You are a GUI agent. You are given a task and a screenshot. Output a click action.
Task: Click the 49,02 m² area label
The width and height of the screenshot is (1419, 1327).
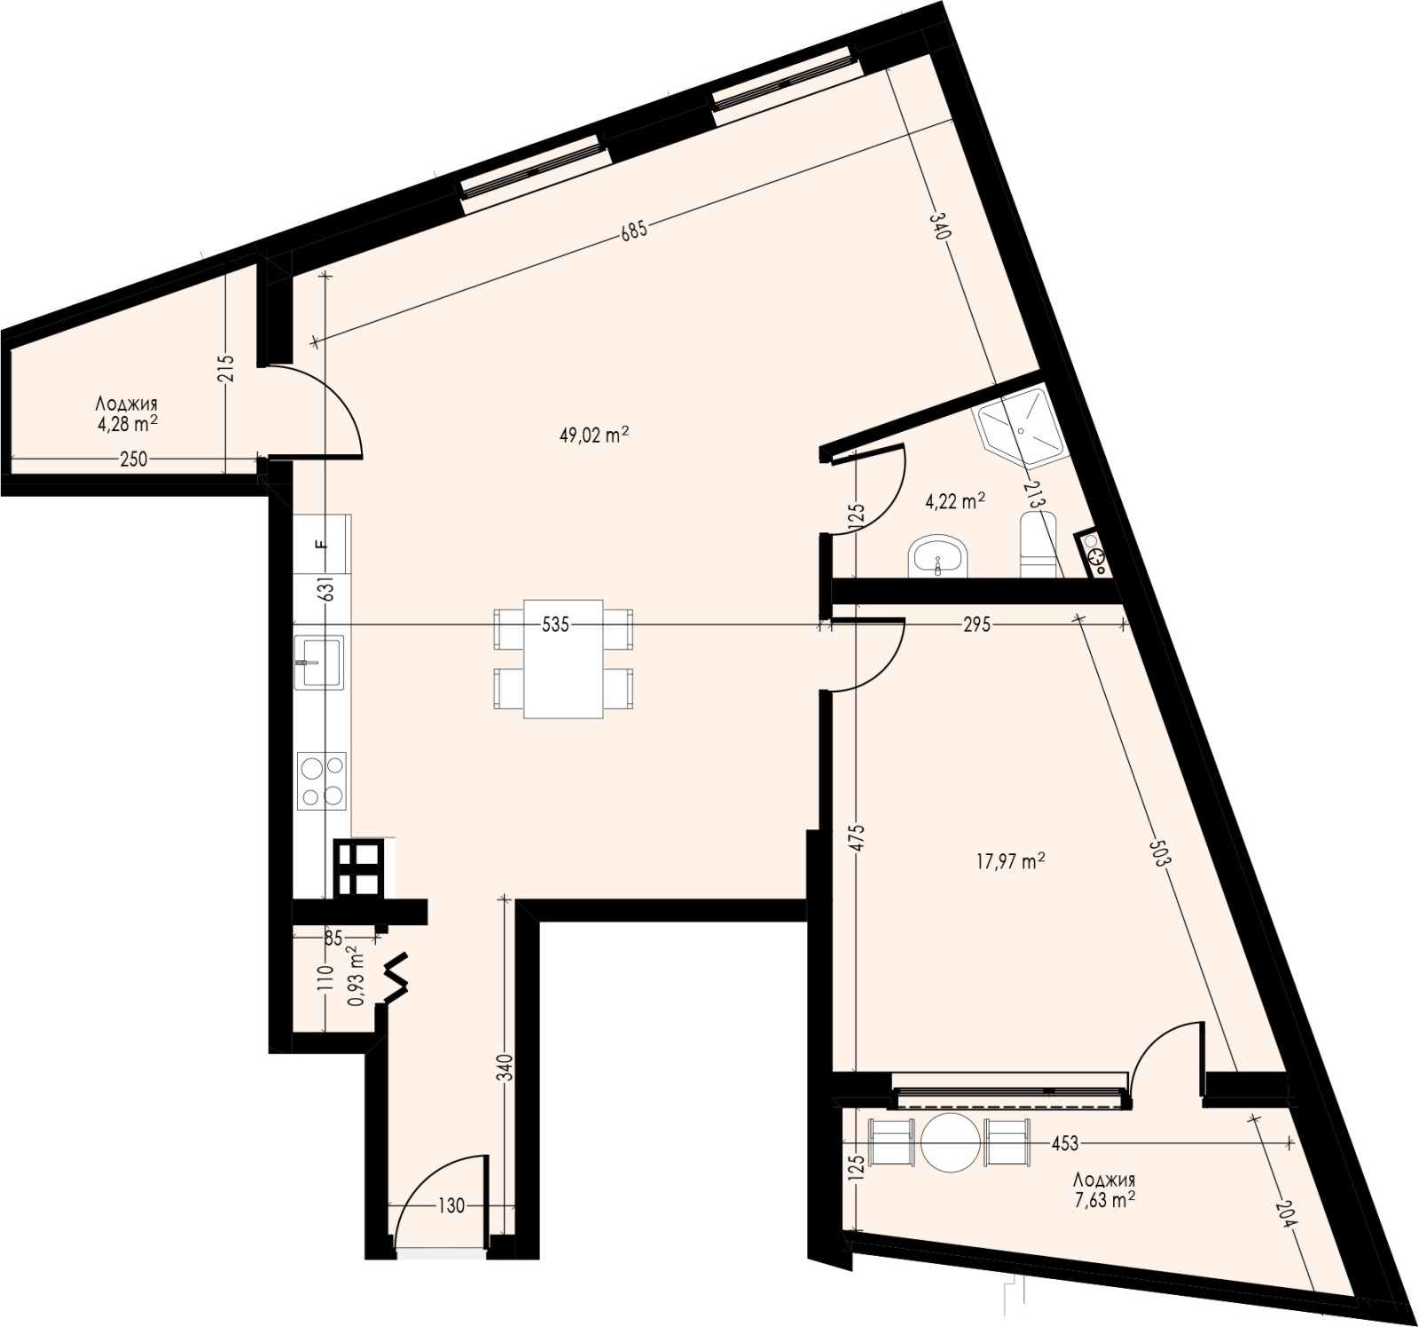(x=593, y=435)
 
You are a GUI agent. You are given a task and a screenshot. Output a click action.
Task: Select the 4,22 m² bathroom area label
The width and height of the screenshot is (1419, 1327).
(x=956, y=501)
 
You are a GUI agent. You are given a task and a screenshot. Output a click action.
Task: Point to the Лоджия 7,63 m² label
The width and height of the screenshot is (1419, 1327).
(x=1104, y=1190)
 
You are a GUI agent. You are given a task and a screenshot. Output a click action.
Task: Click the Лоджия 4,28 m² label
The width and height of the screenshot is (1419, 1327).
(x=128, y=414)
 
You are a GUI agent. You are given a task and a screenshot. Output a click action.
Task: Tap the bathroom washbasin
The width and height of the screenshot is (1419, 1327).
(x=937, y=556)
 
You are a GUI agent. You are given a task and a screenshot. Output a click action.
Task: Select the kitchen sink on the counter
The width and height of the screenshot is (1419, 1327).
(x=319, y=661)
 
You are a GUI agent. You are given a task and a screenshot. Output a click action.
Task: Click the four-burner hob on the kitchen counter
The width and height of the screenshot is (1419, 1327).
(x=322, y=780)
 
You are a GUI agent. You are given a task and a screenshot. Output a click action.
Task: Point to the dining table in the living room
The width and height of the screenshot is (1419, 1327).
(x=563, y=659)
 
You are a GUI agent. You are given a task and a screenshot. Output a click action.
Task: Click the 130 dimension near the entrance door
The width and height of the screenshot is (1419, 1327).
(x=451, y=1206)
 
